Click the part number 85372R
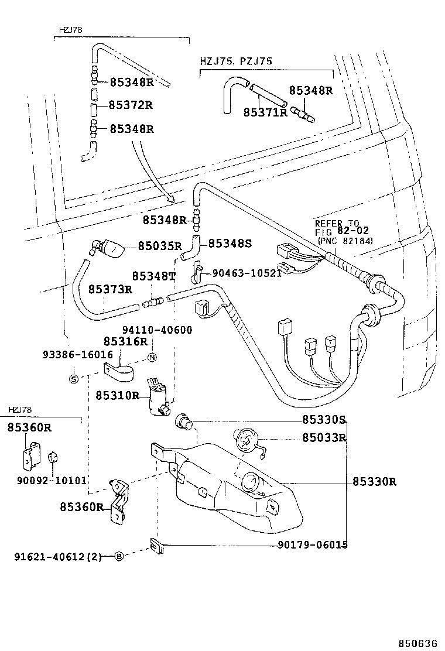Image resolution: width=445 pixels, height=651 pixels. (x=131, y=105)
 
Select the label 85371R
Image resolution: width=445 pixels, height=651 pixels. (x=265, y=111)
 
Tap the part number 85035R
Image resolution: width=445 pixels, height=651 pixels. (x=160, y=246)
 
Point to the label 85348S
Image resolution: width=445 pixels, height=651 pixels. (x=230, y=242)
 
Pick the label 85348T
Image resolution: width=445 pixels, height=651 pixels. (x=153, y=276)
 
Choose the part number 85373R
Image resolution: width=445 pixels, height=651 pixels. (x=110, y=289)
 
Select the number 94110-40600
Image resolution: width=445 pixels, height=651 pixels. (x=157, y=330)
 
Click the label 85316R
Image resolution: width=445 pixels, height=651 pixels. (x=125, y=341)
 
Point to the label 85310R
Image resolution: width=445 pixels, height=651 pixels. (x=118, y=395)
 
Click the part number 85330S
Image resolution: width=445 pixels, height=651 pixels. (x=324, y=420)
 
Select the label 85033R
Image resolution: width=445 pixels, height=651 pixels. (x=324, y=437)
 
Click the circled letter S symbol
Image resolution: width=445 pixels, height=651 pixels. (x=74, y=378)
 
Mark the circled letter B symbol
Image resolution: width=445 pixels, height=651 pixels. (x=119, y=556)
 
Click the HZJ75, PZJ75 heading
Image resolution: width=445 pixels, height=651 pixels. (x=235, y=61)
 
